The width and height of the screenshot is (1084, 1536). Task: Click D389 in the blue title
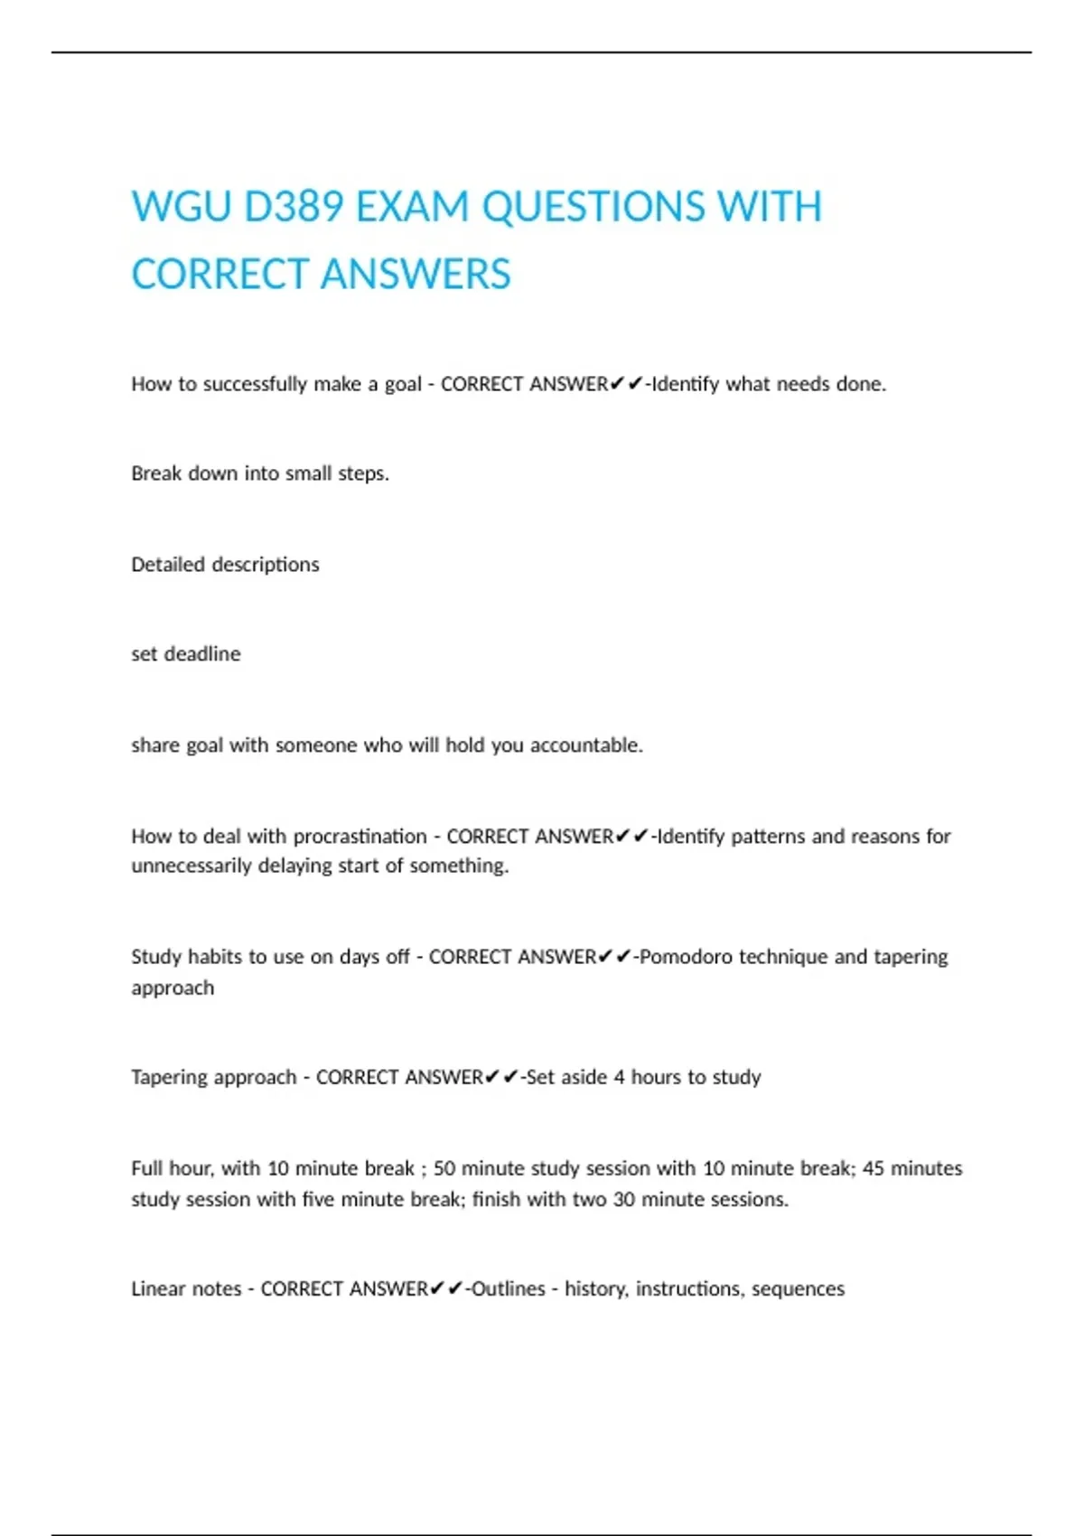click(294, 207)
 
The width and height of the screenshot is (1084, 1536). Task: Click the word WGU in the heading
click(181, 207)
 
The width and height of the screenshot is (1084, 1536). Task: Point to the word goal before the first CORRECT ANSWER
click(403, 385)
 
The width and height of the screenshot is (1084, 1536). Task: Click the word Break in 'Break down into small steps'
click(156, 473)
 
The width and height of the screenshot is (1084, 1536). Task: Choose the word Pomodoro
click(686, 957)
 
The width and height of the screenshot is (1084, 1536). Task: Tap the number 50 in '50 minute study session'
click(444, 1168)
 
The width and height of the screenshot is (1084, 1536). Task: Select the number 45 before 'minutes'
click(874, 1168)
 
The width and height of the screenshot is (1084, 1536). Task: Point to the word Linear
click(159, 1288)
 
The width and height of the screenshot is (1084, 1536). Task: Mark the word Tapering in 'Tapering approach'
click(169, 1077)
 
